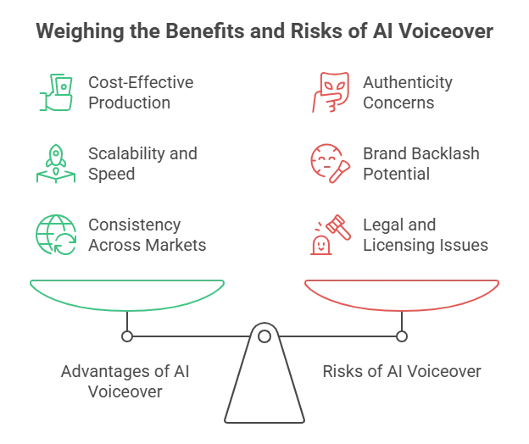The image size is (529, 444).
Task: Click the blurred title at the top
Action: click(264, 34)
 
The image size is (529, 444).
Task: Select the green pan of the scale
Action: click(127, 292)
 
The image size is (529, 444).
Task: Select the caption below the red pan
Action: click(400, 371)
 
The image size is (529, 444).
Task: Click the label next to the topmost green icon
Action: click(142, 91)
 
